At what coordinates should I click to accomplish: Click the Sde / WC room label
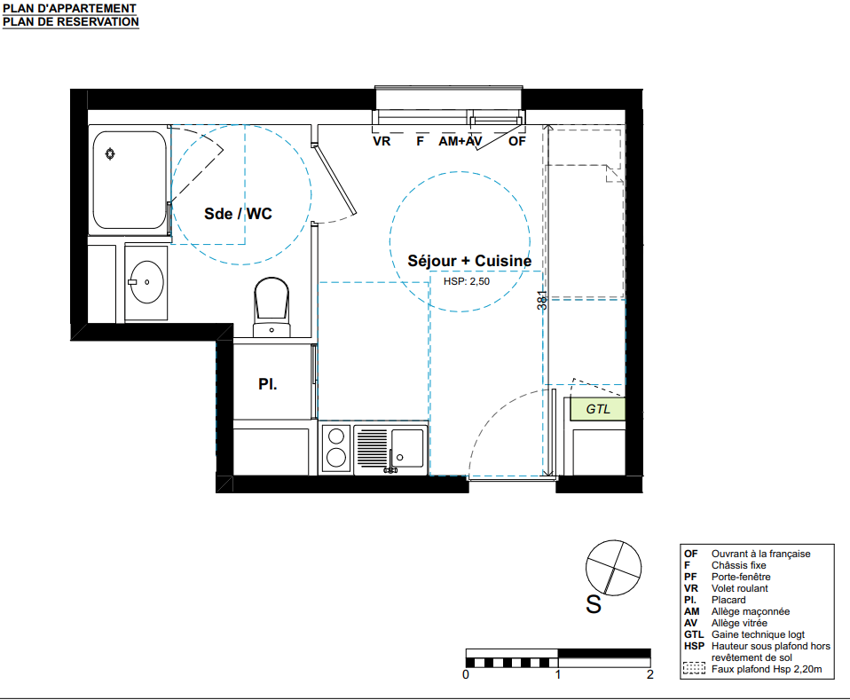[x=238, y=214]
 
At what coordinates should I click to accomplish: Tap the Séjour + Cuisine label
[x=469, y=261]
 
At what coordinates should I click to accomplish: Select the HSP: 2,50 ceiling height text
[x=466, y=281]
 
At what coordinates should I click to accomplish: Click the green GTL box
[x=597, y=409]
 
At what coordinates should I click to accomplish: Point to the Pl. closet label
[x=268, y=384]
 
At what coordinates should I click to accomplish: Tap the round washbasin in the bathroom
[x=146, y=282]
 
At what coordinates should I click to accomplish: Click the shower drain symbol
[x=110, y=154]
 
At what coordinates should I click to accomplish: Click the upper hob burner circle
[x=336, y=437]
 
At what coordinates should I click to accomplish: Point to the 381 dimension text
[x=542, y=301]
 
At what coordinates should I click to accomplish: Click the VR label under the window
[x=382, y=141]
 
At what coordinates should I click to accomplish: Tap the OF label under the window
[x=517, y=141]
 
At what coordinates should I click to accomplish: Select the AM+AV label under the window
[x=460, y=141]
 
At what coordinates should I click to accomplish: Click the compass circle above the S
[x=614, y=567]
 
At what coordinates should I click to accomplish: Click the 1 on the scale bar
[x=558, y=674]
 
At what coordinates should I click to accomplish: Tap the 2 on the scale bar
[x=650, y=674]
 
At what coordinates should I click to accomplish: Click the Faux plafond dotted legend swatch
[x=694, y=668]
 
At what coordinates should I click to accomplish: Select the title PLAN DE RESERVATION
[x=71, y=21]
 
